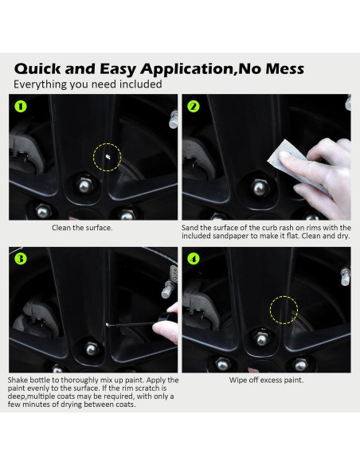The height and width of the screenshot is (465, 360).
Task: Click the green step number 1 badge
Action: (21, 107)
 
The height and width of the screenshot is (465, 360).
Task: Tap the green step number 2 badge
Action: (194, 107)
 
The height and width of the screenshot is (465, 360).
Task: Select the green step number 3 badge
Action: (21, 259)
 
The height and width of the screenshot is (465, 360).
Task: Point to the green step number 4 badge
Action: (194, 259)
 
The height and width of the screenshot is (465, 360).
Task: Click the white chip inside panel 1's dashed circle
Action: (108, 157)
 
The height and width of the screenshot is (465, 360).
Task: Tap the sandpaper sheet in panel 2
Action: (297, 166)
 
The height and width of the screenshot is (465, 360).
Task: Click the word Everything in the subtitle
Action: (41, 84)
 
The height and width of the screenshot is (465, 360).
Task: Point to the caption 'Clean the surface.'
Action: (82, 228)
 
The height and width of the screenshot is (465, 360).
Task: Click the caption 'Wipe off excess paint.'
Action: (266, 380)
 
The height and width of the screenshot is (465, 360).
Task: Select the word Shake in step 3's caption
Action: (18, 380)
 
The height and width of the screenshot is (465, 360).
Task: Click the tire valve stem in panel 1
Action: (174, 119)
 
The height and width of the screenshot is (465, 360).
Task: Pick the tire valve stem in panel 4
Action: (346, 276)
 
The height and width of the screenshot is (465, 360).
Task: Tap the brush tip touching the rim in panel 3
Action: (108, 324)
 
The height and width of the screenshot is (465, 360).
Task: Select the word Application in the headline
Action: (186, 68)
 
